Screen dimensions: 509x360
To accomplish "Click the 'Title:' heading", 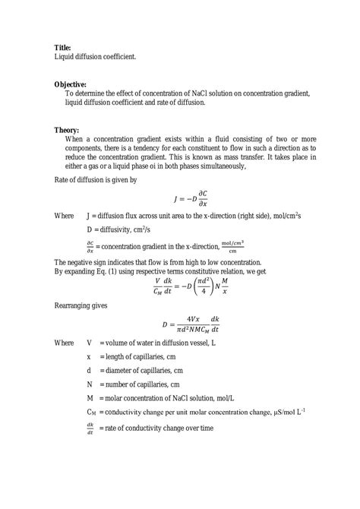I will pyautogui.click(x=63, y=47).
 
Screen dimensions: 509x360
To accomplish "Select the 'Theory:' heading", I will pyautogui.click(x=67, y=131).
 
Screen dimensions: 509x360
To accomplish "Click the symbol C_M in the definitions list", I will pyautogui.click(x=91, y=413).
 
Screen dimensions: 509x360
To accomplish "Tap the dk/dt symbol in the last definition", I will pyautogui.click(x=90, y=428).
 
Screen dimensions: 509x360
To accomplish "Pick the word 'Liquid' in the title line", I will pyautogui.click(x=65, y=56).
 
